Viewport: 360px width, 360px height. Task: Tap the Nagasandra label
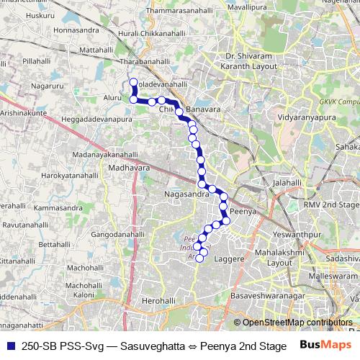point(186,194)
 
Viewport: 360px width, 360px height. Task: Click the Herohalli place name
point(160,300)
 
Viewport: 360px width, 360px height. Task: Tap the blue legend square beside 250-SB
point(9,346)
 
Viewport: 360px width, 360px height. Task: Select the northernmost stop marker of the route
point(132,81)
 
